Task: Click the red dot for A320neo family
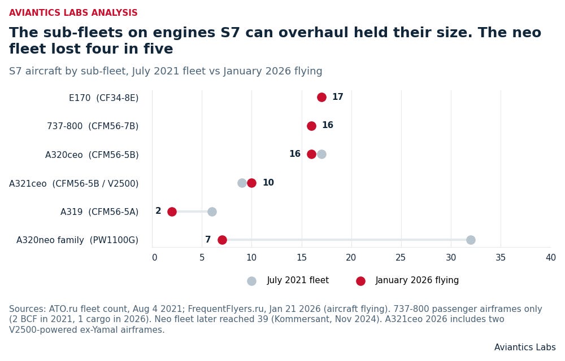coord(222,240)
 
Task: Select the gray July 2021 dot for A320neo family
coord(471,240)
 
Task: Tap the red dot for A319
coord(172,212)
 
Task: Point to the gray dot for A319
coord(212,212)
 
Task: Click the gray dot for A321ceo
coord(242,183)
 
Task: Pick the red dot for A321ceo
coord(252,183)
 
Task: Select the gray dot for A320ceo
coord(322,154)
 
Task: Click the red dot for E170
coord(322,97)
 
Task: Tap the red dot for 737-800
coord(312,126)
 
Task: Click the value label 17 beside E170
coord(338,96)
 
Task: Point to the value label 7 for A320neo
coord(208,240)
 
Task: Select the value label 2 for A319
coord(158,211)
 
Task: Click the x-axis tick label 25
coord(401,257)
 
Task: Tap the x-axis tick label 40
coord(550,257)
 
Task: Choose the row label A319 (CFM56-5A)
coord(99,212)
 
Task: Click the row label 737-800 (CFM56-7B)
coord(93,126)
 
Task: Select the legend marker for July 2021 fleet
coord(252,281)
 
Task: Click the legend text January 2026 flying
coord(417,280)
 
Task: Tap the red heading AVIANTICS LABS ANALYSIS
coord(73,12)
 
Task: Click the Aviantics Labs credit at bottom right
coord(525,347)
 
